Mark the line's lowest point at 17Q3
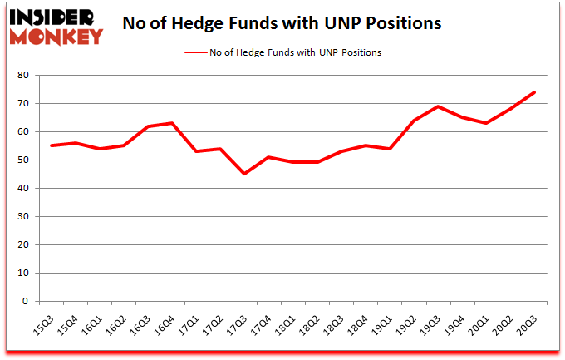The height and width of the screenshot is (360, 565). tap(244, 174)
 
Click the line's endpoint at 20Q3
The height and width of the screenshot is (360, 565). tap(534, 92)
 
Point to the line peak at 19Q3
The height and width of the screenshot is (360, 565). tap(438, 106)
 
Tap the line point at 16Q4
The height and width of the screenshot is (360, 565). tap(172, 123)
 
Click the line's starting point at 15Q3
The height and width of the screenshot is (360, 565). tap(52, 145)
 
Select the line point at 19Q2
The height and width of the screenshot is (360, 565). tap(414, 121)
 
